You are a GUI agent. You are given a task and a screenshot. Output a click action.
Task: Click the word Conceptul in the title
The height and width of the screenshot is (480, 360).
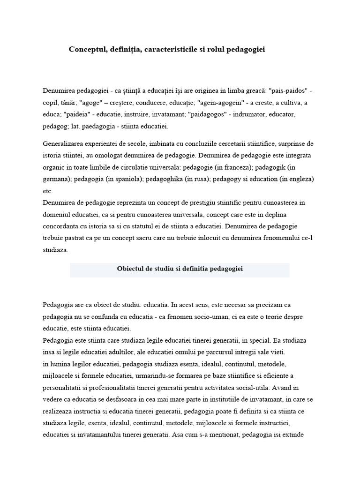87,49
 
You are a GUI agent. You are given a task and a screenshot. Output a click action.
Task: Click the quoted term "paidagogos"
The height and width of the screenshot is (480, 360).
212,114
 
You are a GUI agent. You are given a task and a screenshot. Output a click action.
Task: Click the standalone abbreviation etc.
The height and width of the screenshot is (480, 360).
47,191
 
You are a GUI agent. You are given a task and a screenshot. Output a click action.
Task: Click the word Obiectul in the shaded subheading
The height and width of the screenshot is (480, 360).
130,269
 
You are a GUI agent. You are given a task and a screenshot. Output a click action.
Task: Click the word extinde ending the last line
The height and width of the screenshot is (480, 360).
293,435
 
